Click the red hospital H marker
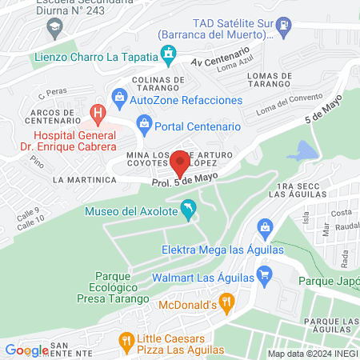point(98,112)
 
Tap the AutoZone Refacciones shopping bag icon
point(119,99)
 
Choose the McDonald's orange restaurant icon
point(227,303)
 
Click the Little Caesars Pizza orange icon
point(126,341)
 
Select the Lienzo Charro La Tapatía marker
point(169,55)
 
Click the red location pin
point(181,162)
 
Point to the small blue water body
point(306,150)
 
